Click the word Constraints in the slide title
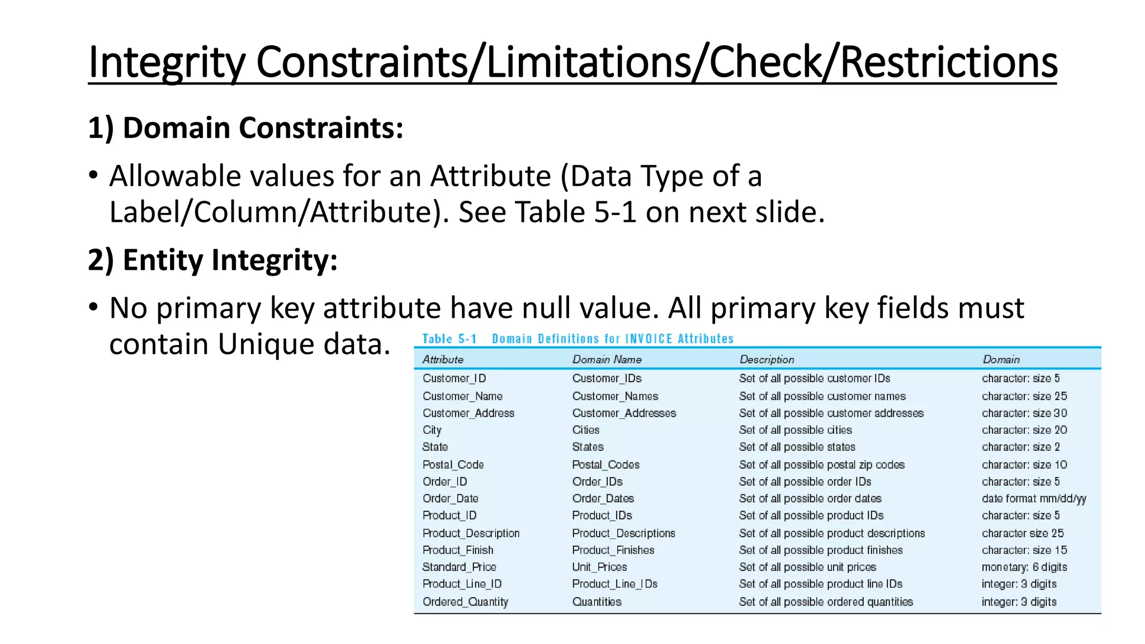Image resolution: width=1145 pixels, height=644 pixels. pyautogui.click(x=362, y=62)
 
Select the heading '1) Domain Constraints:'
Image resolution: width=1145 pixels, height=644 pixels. pyautogui.click(x=245, y=128)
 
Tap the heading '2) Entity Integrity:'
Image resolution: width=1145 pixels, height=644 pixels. pyautogui.click(x=212, y=260)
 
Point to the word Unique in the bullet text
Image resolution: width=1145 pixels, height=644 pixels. pyautogui.click(x=258, y=344)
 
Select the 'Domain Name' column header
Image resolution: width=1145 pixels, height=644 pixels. pyautogui.click(x=607, y=359)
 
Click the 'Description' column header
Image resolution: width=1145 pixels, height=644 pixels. pyautogui.click(x=767, y=359)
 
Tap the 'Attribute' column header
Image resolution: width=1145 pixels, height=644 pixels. pyautogui.click(x=443, y=359)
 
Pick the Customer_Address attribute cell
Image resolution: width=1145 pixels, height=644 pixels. pyautogui.click(x=468, y=413)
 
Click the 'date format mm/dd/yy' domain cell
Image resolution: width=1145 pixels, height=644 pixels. pyautogui.click(x=1034, y=499)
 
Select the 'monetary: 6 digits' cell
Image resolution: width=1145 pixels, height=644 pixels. pyautogui.click(x=1024, y=567)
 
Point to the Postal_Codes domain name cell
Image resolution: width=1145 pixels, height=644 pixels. pyautogui.click(x=605, y=465)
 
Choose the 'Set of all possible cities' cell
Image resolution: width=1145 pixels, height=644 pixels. pyautogui.click(x=795, y=430)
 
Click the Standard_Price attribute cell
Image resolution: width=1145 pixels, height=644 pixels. pyautogui.click(x=459, y=567)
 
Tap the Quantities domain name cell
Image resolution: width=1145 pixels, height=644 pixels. pyautogui.click(x=597, y=602)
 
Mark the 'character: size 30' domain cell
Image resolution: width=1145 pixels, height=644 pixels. pyautogui.click(x=1024, y=413)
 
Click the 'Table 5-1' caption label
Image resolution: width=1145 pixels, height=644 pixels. pyautogui.click(x=449, y=339)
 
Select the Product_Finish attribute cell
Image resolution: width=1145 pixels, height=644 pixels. pyautogui.click(x=458, y=550)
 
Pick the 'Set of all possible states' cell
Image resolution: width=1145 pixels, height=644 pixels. pyautogui.click(x=797, y=447)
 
